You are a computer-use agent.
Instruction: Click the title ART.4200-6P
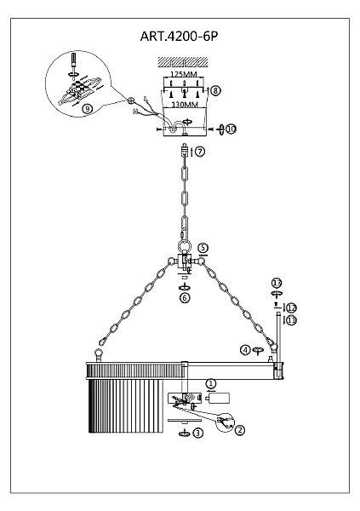tap(179, 36)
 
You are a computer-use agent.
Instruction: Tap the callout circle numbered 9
tap(88, 108)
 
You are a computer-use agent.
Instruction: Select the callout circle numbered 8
tap(215, 90)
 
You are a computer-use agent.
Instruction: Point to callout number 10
tap(231, 129)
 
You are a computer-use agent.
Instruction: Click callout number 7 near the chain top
tap(200, 152)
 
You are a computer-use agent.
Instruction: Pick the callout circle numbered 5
tap(203, 248)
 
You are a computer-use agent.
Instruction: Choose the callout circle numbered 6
tap(185, 297)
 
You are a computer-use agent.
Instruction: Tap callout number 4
tap(245, 350)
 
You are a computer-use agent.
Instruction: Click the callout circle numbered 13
tap(277, 283)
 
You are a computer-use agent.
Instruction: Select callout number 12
tap(292, 307)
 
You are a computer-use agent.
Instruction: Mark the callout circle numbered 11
tap(292, 320)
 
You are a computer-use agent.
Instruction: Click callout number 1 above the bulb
tap(211, 383)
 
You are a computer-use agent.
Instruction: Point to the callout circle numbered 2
tap(239, 430)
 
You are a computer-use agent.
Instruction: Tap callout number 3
tap(197, 433)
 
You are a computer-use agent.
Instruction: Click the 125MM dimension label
tap(184, 74)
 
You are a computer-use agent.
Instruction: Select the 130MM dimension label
tap(185, 105)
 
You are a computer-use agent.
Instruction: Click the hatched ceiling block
tap(183, 62)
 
